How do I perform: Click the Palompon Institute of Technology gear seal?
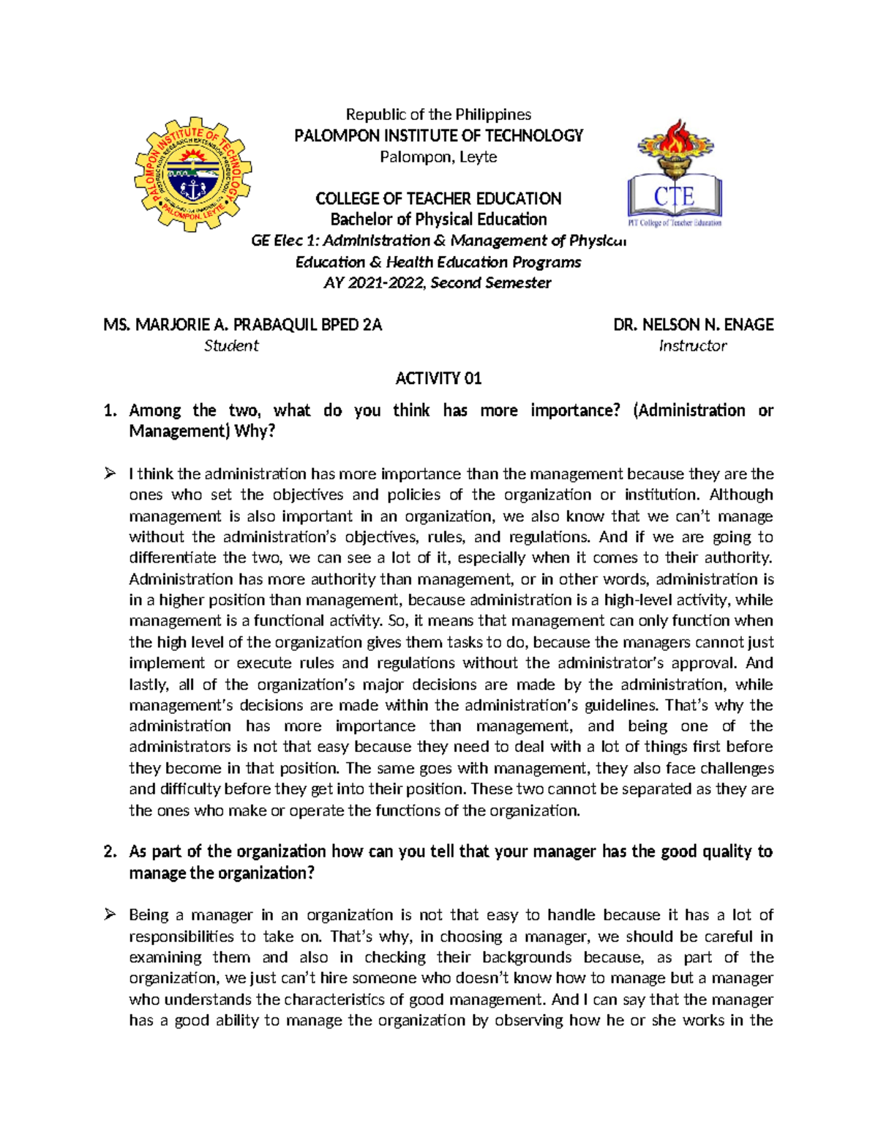[x=193, y=174]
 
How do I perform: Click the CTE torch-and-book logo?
[x=675, y=174]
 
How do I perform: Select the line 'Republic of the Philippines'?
[x=438, y=114]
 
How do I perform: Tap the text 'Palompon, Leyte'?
[x=438, y=157]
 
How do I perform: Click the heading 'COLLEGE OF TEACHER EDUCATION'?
[x=438, y=198]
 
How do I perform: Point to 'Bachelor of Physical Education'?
[x=438, y=219]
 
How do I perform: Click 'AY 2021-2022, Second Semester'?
[x=437, y=282]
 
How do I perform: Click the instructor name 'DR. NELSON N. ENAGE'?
[x=694, y=324]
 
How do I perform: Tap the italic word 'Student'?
[x=231, y=345]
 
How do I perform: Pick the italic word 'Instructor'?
[x=692, y=345]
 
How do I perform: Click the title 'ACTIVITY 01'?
[x=438, y=378]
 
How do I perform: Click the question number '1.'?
[x=110, y=410]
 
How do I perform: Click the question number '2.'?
[x=110, y=851]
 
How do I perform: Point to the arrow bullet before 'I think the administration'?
[x=110, y=473]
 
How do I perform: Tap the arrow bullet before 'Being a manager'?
[x=110, y=914]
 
